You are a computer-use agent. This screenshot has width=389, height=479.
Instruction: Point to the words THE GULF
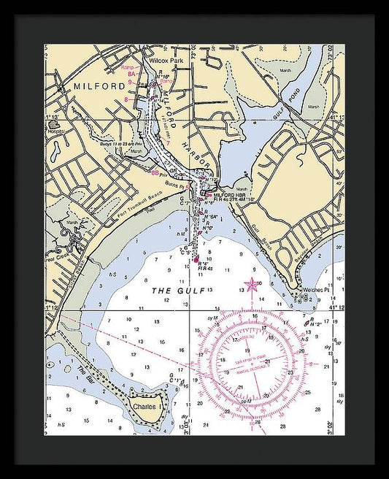coord(172,290)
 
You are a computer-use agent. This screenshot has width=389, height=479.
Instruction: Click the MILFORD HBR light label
coord(232,196)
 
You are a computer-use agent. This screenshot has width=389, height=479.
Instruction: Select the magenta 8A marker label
coord(131,74)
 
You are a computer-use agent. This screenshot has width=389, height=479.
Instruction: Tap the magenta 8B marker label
coord(155,173)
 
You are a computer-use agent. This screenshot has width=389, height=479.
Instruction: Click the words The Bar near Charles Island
coord(84,372)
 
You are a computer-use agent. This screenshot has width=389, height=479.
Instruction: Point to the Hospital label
coord(54,123)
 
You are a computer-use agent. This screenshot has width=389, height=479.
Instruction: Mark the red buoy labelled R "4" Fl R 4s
coord(196,258)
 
